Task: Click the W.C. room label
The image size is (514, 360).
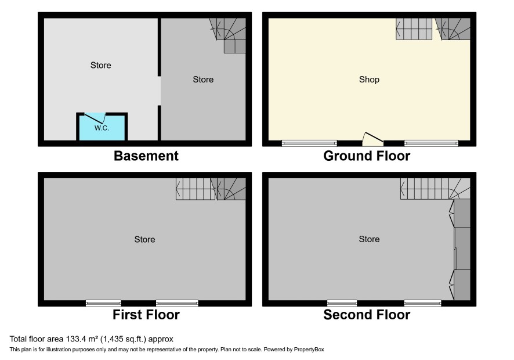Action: pyautogui.click(x=102, y=128)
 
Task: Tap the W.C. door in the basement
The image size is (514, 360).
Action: pyautogui.click(x=94, y=118)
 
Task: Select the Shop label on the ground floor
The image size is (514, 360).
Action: pyautogui.click(x=369, y=80)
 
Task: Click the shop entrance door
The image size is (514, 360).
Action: pyautogui.click(x=372, y=139)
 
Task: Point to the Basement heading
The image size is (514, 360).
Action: pyautogui.click(x=146, y=156)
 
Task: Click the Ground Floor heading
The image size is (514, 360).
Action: pyautogui.click(x=367, y=156)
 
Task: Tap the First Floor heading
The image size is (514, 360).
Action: pyautogui.click(x=146, y=315)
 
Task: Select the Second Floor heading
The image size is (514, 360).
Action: pyautogui.click(x=367, y=315)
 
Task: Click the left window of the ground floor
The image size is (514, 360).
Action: pyautogui.click(x=309, y=143)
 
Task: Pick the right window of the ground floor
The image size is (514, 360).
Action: pyautogui.click(x=431, y=143)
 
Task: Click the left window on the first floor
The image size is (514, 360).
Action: pyautogui.click(x=104, y=303)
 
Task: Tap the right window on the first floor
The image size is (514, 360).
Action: pyautogui.click(x=177, y=303)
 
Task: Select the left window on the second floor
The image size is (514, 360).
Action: pyautogui.click(x=342, y=303)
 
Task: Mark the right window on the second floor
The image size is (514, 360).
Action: pyautogui.click(x=422, y=303)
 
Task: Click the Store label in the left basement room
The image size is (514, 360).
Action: pyautogui.click(x=100, y=65)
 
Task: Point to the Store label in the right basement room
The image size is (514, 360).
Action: pyautogui.click(x=203, y=80)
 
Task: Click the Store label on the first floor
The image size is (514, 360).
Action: pyautogui.click(x=144, y=239)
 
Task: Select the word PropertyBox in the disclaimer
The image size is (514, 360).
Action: pyautogui.click(x=309, y=350)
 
